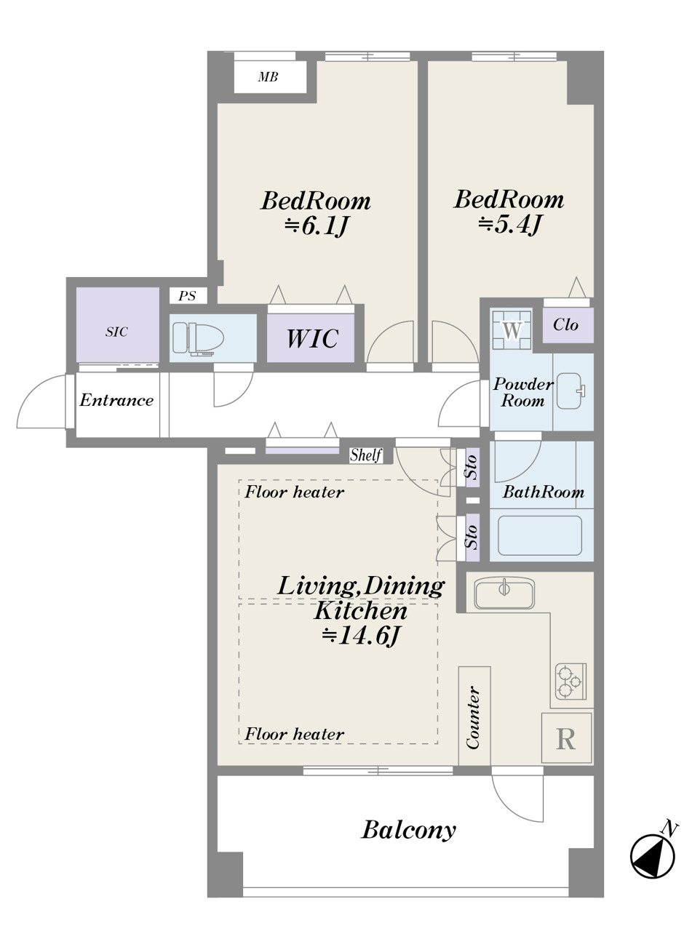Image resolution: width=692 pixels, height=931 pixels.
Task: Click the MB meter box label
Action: [x=268, y=77]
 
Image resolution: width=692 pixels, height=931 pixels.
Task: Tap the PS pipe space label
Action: [x=187, y=296]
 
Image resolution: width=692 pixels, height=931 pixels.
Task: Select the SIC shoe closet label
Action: [x=116, y=332]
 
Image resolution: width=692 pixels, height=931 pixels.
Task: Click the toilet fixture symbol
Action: [x=198, y=338]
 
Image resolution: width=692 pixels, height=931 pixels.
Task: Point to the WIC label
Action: [x=312, y=338]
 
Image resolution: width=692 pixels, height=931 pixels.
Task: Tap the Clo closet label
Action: [x=565, y=324]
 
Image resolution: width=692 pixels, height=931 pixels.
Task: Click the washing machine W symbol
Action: [x=512, y=330]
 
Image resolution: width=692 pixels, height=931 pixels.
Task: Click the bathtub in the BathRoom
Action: [x=540, y=535]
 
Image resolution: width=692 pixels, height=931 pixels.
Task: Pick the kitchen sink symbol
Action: [x=504, y=594]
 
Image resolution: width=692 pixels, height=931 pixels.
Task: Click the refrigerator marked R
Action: [x=566, y=738]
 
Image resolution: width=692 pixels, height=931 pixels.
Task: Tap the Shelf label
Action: [x=366, y=455]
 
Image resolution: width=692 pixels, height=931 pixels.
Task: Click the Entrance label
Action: [x=116, y=400]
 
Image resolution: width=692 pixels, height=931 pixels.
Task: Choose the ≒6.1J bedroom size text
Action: [x=317, y=227]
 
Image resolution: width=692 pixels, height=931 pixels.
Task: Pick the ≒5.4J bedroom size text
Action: [x=509, y=225]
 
